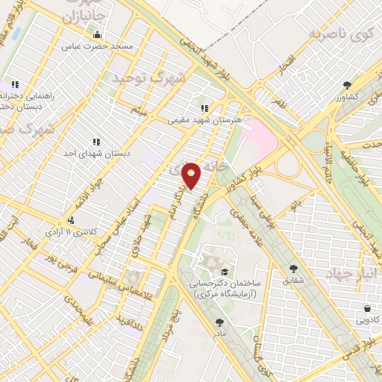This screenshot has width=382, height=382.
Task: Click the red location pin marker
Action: pyautogui.click(x=192, y=175)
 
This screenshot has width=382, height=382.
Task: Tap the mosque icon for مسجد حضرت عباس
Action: pyautogui.click(x=96, y=34)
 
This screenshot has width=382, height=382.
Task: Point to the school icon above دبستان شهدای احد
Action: pyautogui.click(x=95, y=141)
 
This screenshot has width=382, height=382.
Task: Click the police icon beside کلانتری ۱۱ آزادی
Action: pyautogui.click(x=71, y=220)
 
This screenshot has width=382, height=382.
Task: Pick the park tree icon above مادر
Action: pyautogui.click(x=219, y=322)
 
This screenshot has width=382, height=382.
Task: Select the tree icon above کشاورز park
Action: pyautogui.click(x=347, y=85)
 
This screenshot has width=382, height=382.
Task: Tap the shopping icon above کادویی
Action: pyautogui.click(x=368, y=308)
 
